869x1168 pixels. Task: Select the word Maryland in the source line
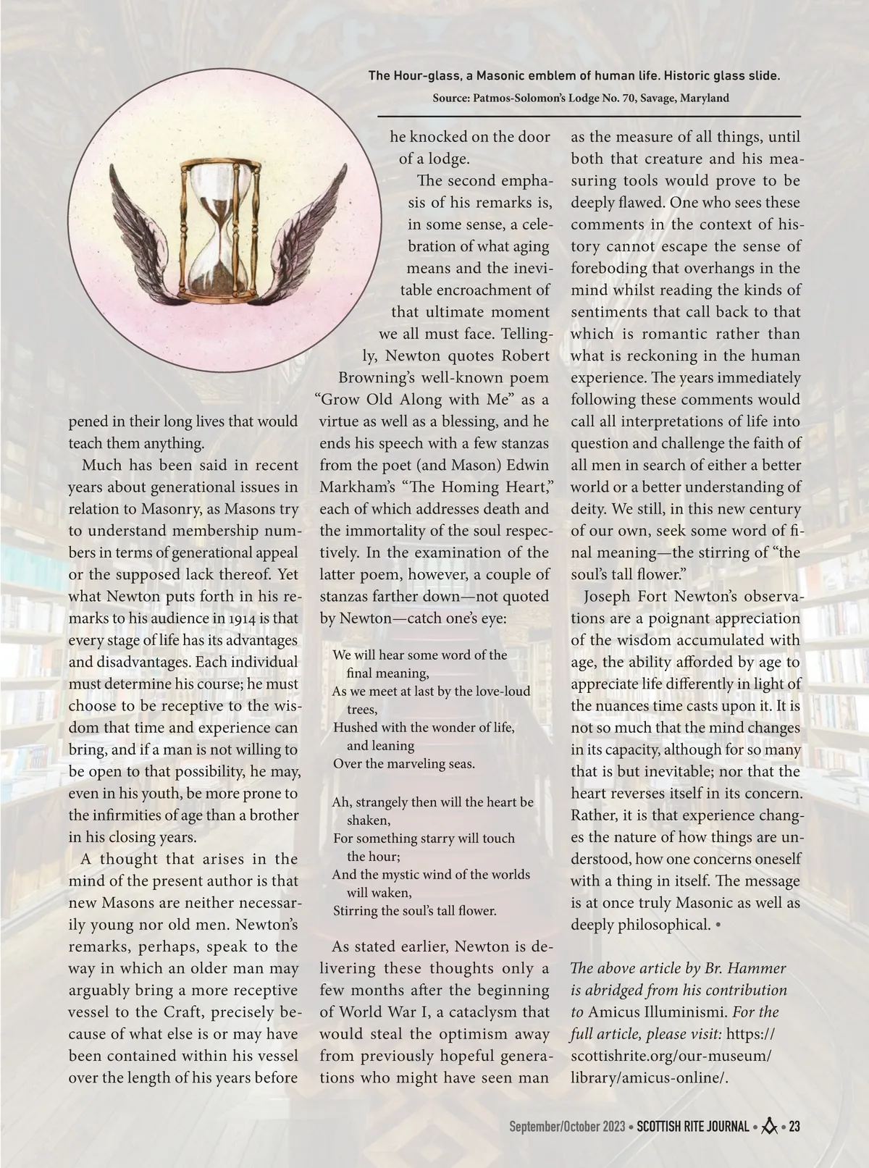pos(702,98)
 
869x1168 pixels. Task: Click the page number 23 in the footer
pos(794,1127)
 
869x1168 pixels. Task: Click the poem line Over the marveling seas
pos(403,763)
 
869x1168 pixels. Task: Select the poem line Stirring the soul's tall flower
pos(414,910)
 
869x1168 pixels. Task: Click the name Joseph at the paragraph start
pos(606,597)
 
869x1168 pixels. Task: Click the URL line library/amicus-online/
pos(649,1077)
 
